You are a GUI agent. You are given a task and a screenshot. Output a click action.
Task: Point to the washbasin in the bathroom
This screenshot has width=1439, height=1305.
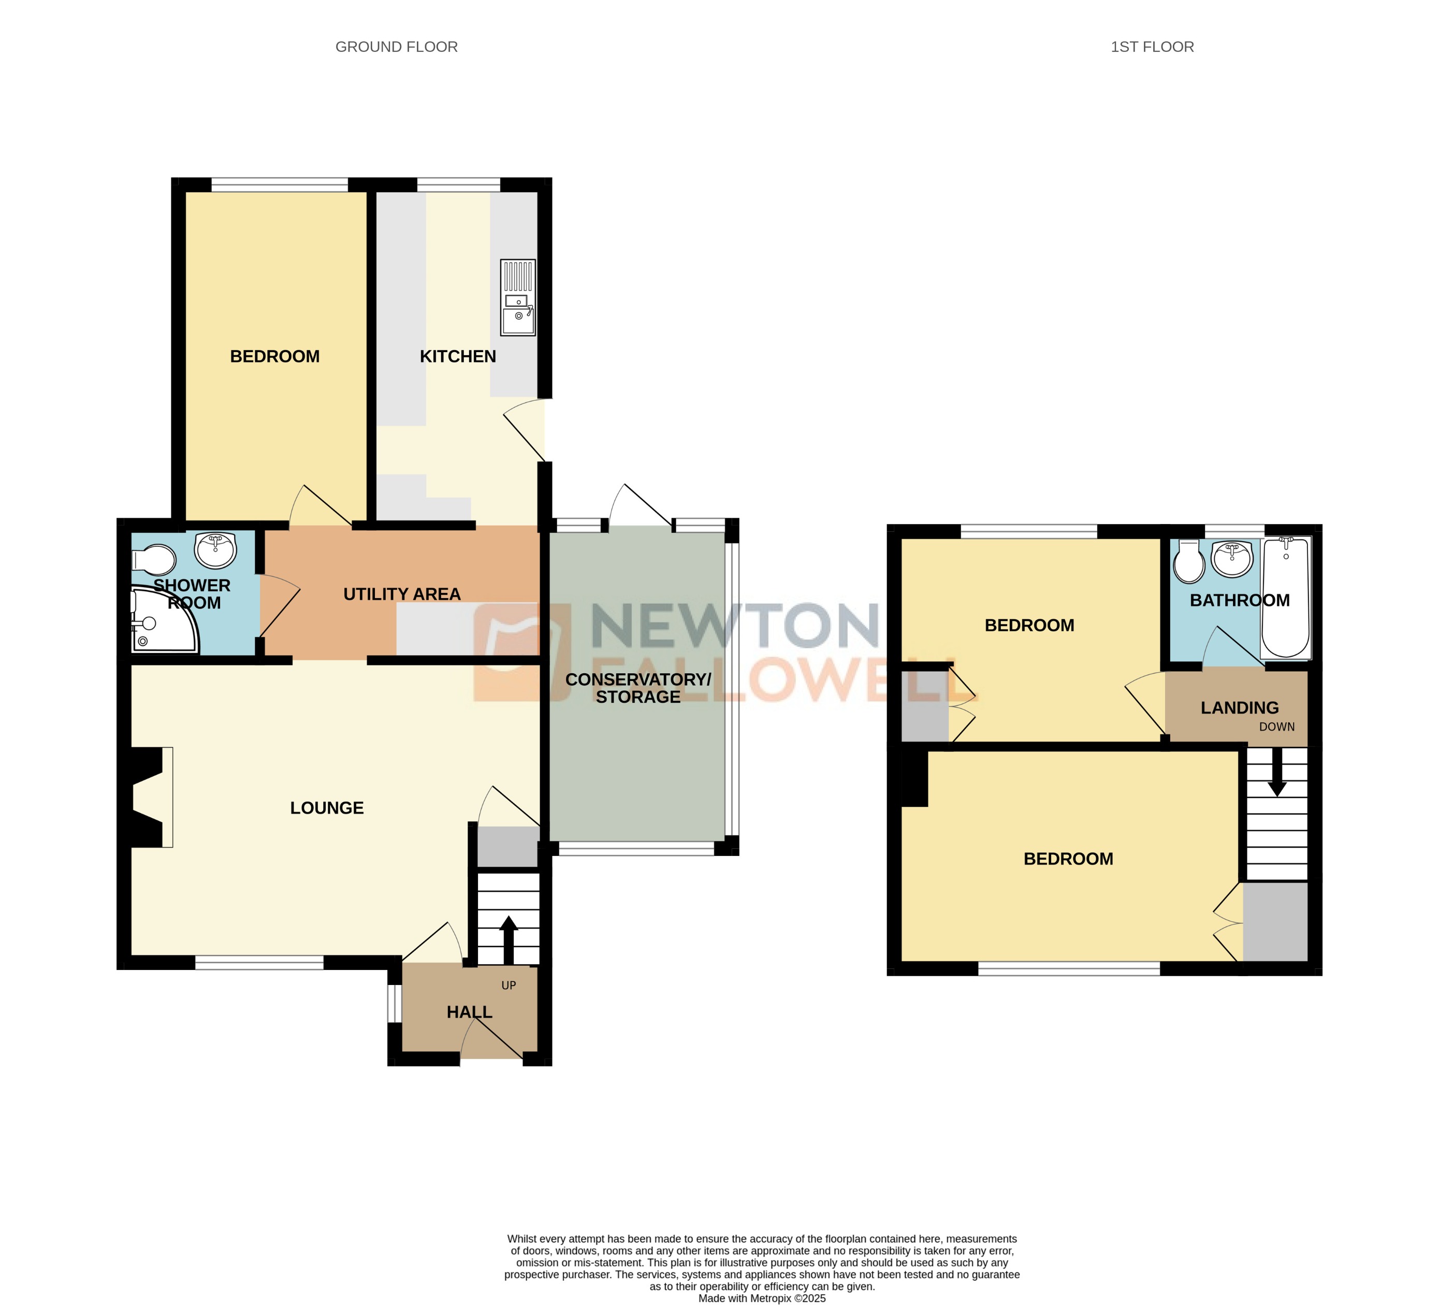pos(1232,559)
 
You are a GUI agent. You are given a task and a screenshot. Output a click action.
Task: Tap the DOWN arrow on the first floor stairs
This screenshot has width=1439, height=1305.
pos(1277,776)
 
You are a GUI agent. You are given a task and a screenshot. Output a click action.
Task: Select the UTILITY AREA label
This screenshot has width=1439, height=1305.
pos(402,594)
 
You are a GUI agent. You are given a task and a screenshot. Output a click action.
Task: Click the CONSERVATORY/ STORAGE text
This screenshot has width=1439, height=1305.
pos(638,688)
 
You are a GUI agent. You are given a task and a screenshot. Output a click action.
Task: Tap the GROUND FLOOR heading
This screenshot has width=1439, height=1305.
pos(396,47)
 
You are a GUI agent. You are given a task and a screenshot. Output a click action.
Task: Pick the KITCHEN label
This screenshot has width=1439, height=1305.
pos(458,356)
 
